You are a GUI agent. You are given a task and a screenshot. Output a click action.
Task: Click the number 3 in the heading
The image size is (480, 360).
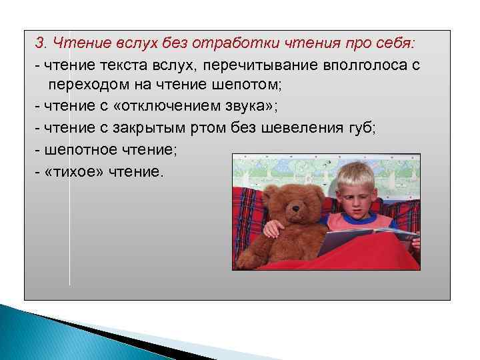(39, 44)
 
